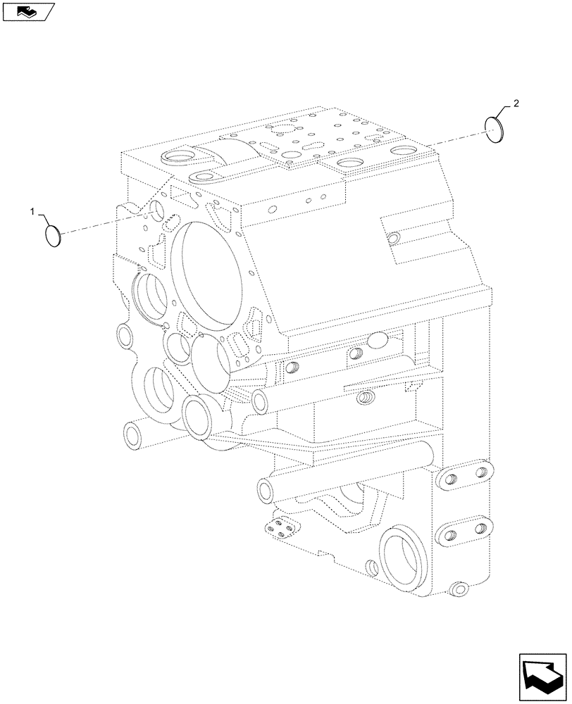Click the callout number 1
[32, 210]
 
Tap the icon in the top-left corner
[27, 11]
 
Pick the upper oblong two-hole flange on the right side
[463, 478]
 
